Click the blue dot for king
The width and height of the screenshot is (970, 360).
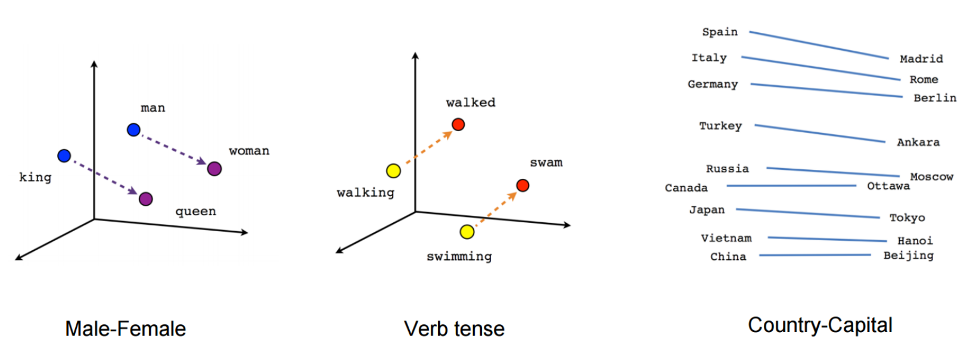coord(64,156)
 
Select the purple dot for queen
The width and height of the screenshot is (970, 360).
coord(145,199)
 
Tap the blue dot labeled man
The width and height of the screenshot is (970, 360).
coord(133,130)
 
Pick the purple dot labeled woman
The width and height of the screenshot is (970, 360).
coord(214,169)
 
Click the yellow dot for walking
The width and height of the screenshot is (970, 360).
coord(393,171)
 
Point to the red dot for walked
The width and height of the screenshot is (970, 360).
coord(458,125)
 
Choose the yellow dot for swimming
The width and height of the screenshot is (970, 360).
coord(467,232)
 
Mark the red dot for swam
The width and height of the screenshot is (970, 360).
coord(523,185)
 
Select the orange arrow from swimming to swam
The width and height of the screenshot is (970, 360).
coord(496,208)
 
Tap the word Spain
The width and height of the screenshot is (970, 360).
coord(720,32)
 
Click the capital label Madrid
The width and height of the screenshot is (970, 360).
coord(921,58)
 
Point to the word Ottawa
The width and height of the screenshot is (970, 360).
coord(888,186)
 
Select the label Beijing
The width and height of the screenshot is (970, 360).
coord(908,255)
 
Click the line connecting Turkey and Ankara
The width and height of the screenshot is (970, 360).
coord(820,134)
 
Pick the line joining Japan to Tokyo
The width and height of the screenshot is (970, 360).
coord(808,213)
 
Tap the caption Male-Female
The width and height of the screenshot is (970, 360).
coord(126,328)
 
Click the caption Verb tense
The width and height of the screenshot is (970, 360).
coord(454,328)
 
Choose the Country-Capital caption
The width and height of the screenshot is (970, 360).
coord(820,325)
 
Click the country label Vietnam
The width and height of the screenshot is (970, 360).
coord(726,238)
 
